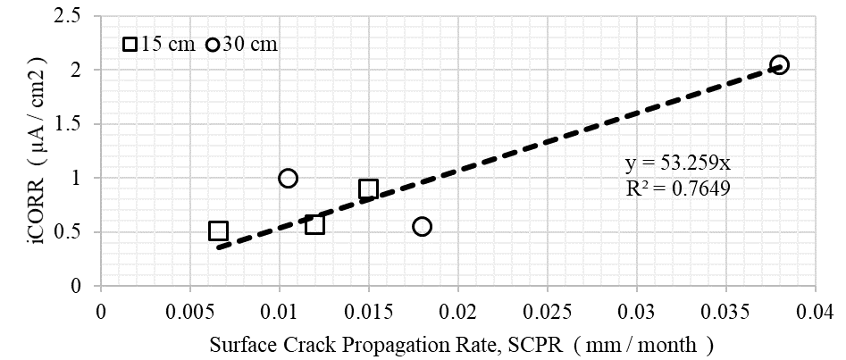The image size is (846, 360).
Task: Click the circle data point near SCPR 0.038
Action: tap(779, 64)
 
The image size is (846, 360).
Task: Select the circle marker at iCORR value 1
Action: tap(288, 178)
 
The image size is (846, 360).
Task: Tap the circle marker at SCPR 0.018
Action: tap(422, 226)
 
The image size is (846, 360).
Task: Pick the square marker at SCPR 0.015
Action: tap(368, 188)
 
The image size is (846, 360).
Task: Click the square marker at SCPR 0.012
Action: tap(314, 224)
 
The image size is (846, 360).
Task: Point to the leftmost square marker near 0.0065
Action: tap(218, 230)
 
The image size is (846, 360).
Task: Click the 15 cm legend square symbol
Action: tap(130, 45)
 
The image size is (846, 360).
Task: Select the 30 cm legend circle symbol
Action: tap(213, 45)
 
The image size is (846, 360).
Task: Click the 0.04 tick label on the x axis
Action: tap(815, 310)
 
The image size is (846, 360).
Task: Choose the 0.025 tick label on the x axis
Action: tap(547, 310)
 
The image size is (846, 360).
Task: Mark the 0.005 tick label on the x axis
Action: tap(189, 310)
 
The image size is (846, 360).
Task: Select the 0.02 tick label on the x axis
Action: tap(457, 310)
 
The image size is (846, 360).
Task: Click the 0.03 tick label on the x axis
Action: tap(636, 310)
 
